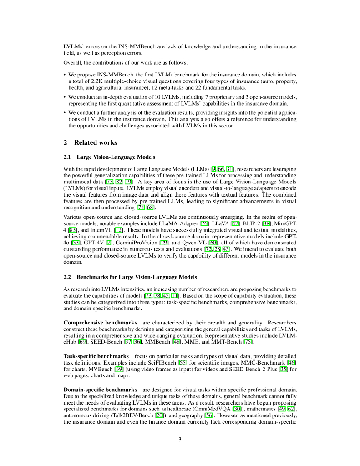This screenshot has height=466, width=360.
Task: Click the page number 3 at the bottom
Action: click(x=180, y=439)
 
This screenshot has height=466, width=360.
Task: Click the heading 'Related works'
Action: click(x=95, y=142)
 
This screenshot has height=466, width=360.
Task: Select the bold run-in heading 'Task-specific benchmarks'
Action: click(x=96, y=356)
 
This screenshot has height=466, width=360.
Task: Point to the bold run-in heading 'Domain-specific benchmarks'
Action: click(x=100, y=390)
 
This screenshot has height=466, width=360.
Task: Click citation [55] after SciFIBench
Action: click(x=194, y=363)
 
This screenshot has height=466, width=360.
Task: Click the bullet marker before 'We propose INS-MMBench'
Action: click(x=65, y=75)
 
